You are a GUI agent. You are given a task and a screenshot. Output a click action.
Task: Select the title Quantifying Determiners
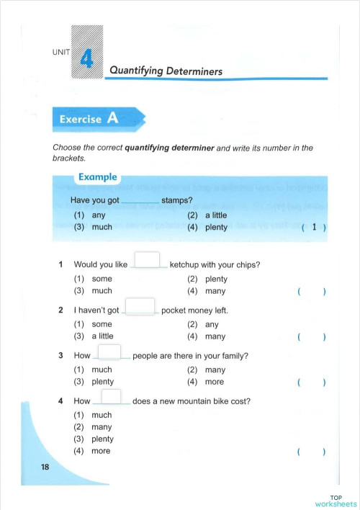pos(166,71)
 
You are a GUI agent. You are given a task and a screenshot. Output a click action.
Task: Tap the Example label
pos(97,176)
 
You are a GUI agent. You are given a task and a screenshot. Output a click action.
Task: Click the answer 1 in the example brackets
pos(314,228)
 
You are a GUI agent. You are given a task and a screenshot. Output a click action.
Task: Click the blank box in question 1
pos(147,260)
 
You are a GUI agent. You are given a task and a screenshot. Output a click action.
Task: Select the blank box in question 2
pos(140,306)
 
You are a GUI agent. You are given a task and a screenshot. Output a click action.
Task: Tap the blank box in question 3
pos(109,352)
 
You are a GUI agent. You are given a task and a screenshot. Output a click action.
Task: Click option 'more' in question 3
pos(214,382)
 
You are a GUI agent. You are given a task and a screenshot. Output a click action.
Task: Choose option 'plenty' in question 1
pos(216,279)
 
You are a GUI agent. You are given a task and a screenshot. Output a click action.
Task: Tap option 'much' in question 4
pos(102,415)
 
